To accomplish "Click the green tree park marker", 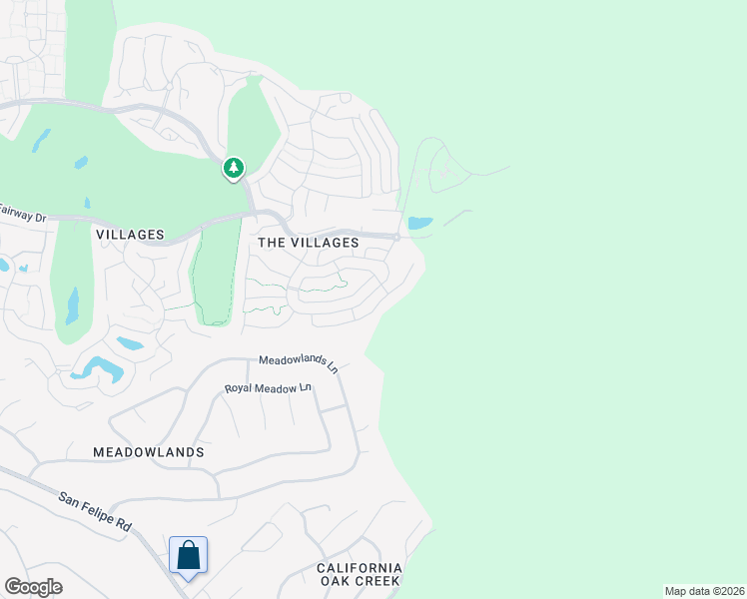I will click(234, 168).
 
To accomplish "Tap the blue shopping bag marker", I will click(189, 555).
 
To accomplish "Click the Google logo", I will click(33, 587).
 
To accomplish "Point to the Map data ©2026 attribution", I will click(703, 591).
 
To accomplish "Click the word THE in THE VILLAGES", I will click(273, 243).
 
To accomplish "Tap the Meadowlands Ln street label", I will click(299, 363).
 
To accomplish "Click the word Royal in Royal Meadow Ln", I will click(240, 388).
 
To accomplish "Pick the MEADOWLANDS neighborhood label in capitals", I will click(149, 452).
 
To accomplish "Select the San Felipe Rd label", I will click(95, 511).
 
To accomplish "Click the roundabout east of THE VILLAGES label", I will click(396, 237).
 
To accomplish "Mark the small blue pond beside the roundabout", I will click(420, 223).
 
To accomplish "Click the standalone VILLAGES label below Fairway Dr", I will click(130, 235).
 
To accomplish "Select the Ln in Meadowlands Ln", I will click(331, 367).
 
